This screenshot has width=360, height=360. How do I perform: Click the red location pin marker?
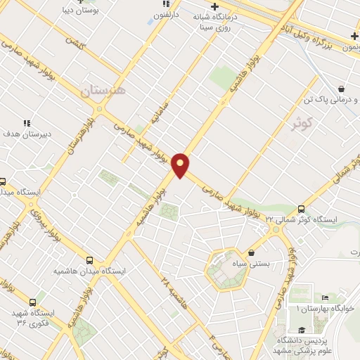click(181, 165)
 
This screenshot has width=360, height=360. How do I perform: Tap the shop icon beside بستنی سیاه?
click(252, 252)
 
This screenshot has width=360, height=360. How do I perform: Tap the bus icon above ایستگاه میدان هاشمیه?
click(89, 259)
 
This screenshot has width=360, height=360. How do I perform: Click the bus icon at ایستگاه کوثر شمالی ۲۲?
click(301, 209)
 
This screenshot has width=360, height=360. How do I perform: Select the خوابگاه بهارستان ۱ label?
click(328, 309)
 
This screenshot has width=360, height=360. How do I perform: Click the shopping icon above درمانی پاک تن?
click(341, 89)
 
